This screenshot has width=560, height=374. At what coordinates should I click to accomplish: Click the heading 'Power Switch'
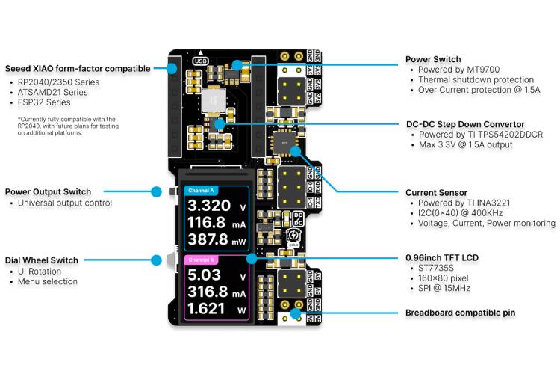pyautogui.click(x=433, y=59)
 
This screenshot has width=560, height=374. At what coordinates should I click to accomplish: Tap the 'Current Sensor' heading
pyautogui.click(x=436, y=192)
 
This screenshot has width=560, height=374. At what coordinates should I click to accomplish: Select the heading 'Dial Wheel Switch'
pyautogui.click(x=42, y=260)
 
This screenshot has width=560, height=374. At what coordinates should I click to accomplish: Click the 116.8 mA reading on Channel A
pyautogui.click(x=206, y=222)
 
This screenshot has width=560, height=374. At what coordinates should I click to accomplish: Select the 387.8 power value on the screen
pyautogui.click(x=208, y=239)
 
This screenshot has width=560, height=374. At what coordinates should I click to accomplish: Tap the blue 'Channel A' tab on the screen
pyautogui.click(x=201, y=190)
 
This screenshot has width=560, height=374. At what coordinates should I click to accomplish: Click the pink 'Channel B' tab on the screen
pyautogui.click(x=201, y=260)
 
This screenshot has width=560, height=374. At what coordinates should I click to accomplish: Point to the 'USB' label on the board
pyautogui.click(x=200, y=61)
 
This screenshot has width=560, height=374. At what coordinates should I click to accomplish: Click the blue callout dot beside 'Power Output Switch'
pyautogui.click(x=156, y=192)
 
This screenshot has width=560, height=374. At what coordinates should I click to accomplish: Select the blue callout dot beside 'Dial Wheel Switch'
pyautogui.click(x=156, y=260)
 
